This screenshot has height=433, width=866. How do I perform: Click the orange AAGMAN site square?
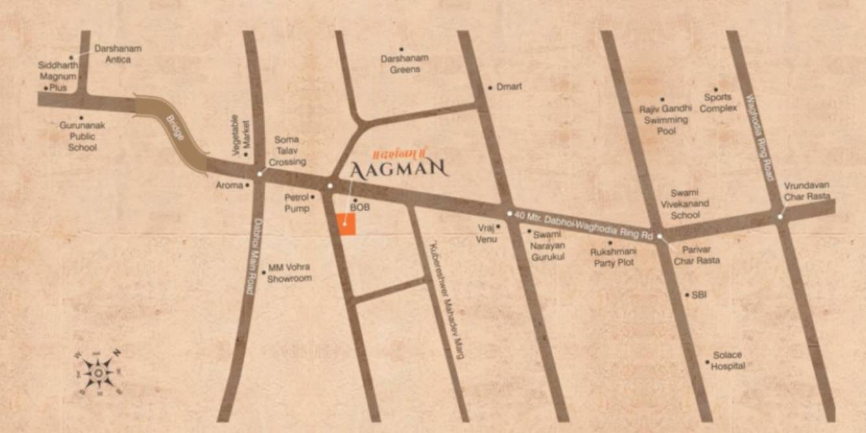tap(347, 224)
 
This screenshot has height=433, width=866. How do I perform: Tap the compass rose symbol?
tap(98, 373)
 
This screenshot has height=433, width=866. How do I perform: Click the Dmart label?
tap(509, 86)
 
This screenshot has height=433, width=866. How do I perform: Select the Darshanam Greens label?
tap(404, 64)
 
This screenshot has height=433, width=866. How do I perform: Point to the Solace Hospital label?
tap(727, 360)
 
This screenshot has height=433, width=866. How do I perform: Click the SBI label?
tap(699, 295)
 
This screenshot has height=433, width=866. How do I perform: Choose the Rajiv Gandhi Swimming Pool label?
tap(666, 119)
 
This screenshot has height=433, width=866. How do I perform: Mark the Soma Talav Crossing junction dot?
tap(260, 173)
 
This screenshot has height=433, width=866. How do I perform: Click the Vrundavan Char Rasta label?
tap(806, 191)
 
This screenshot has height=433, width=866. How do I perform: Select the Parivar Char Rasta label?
tap(696, 255)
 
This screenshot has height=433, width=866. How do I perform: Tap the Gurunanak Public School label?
tap(82, 136)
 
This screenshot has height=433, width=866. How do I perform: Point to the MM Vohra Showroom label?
tap(290, 272)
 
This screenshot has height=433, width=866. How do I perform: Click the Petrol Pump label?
tap(297, 202)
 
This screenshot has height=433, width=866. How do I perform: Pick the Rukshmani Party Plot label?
tap(612, 257)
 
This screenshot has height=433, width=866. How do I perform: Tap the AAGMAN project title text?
tap(399, 169)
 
